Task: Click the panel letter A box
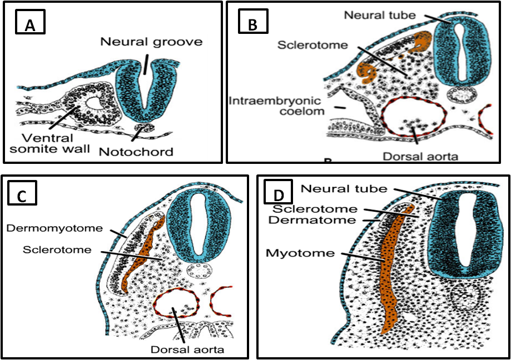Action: click(31, 25)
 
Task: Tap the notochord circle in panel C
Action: click(197, 273)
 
